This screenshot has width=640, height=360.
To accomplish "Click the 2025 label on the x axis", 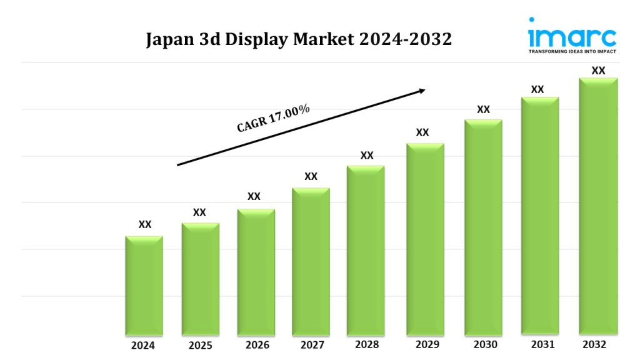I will point(200,346).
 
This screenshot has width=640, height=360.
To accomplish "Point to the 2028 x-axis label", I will point(367,344).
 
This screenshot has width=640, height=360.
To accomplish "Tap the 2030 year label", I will point(485,345).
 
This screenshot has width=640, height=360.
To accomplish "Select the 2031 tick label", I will point(540,344).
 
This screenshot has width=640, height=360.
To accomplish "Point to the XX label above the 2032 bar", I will point(598,71).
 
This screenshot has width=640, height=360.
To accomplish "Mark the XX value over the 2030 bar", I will point(483,110).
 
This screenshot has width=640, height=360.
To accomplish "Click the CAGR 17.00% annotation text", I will point(273,118).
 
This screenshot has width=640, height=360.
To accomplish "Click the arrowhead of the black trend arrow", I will point(421,91).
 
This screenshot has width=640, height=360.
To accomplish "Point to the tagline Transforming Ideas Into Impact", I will point(572,51).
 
